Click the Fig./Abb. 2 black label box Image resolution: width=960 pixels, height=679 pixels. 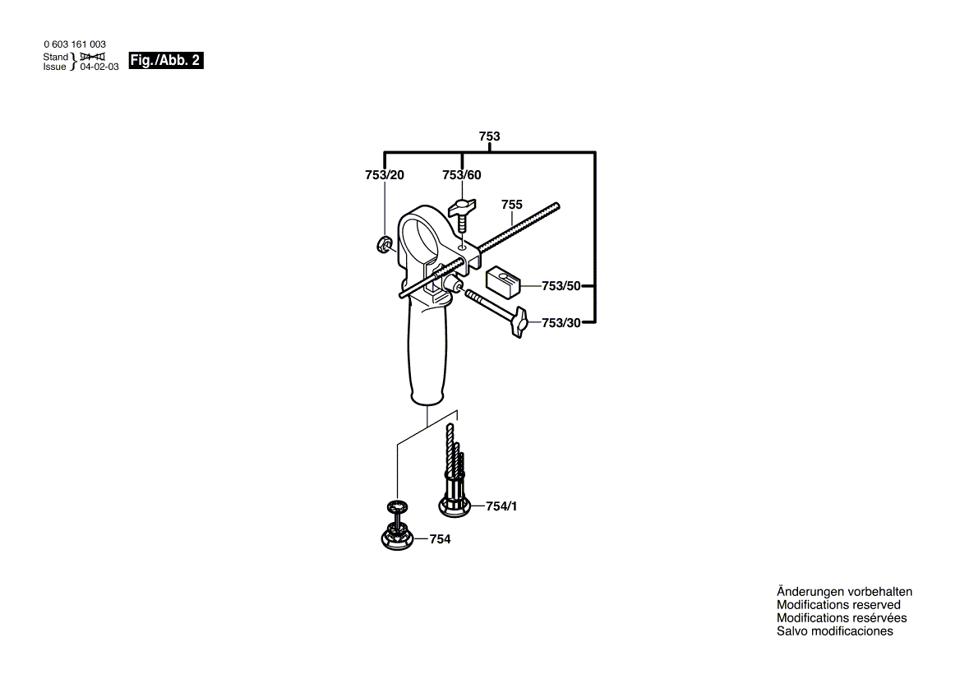click(x=166, y=60)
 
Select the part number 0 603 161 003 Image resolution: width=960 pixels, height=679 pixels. click(x=74, y=44)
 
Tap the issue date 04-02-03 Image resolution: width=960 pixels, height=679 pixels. click(x=99, y=67)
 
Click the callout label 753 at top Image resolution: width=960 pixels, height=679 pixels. click(x=490, y=136)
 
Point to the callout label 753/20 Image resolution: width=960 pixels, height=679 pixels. click(x=385, y=175)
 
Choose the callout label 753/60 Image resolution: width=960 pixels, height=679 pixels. click(x=462, y=175)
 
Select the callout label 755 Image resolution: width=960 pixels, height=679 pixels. click(x=512, y=204)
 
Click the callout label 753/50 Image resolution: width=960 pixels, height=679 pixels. click(x=561, y=286)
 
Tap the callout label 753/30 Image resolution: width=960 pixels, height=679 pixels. click(x=561, y=323)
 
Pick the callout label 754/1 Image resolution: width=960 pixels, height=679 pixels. click(x=501, y=506)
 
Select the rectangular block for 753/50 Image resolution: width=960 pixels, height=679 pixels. click(x=504, y=280)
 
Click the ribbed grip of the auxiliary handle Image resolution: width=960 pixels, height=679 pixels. click(x=427, y=362)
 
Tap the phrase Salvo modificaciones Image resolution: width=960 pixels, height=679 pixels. click(x=834, y=631)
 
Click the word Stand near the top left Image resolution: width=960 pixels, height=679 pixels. click(x=56, y=57)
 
